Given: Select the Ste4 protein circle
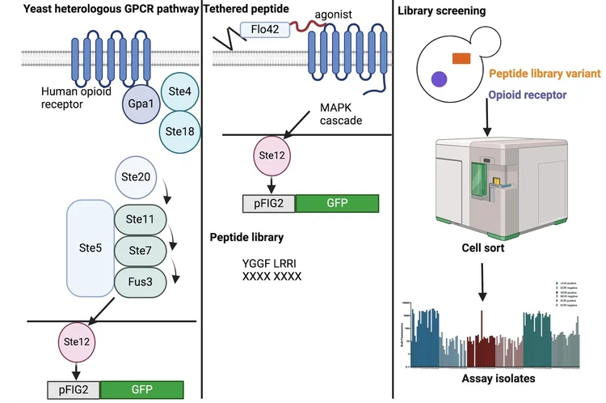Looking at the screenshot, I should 179,94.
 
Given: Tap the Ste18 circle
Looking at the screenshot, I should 179,129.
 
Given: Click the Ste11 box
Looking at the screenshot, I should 141,219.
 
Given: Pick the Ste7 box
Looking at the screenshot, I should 141,251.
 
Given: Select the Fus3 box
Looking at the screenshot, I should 141,282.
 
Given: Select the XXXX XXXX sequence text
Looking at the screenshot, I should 272,277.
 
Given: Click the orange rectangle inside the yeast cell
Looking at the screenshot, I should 463,57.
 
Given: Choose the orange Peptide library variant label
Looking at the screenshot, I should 546,73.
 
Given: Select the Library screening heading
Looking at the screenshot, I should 442,11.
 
